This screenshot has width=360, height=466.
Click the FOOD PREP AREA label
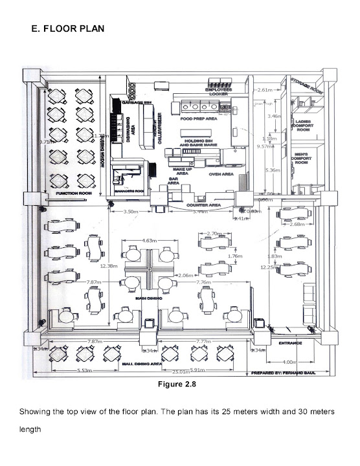(197, 119)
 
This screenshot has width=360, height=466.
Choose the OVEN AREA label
(220, 174)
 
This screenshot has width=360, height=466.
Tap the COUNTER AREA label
(204, 205)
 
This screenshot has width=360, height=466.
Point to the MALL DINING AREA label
(142, 364)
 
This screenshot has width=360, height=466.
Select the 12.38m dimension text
(107, 265)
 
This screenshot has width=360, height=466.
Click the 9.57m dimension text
(264, 146)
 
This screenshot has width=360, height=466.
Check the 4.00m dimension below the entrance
(289, 362)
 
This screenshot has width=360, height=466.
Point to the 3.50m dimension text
(130, 211)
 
